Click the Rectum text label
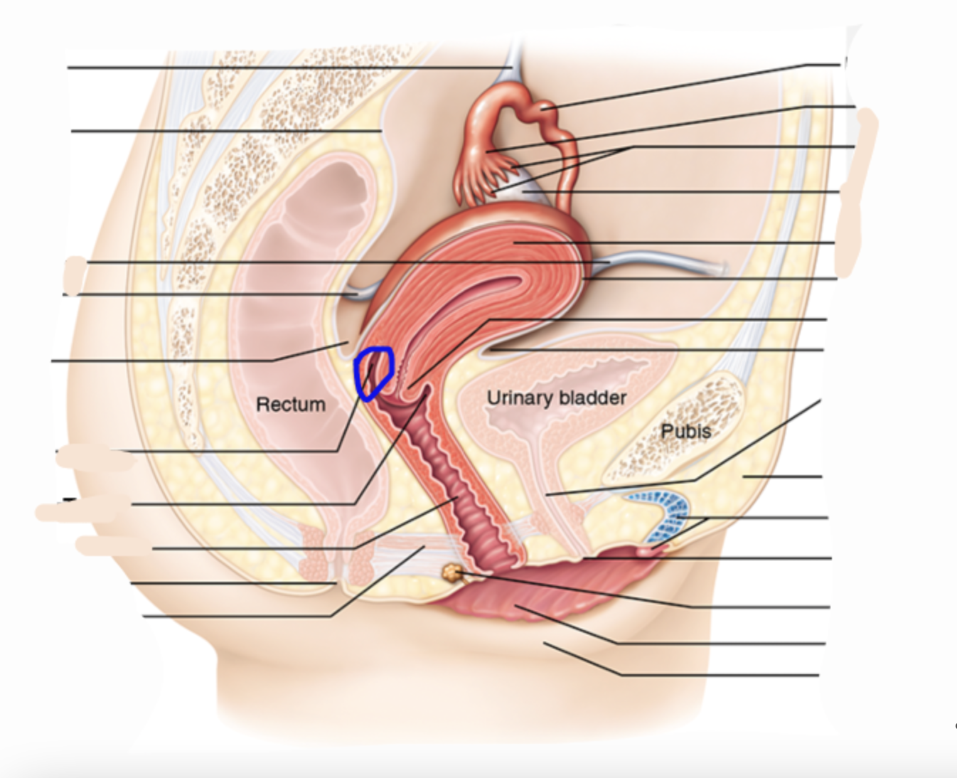291,405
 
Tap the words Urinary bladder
556,398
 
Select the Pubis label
685,431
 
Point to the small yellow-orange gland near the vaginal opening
451,572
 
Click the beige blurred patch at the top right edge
857,192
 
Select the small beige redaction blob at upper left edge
74,271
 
